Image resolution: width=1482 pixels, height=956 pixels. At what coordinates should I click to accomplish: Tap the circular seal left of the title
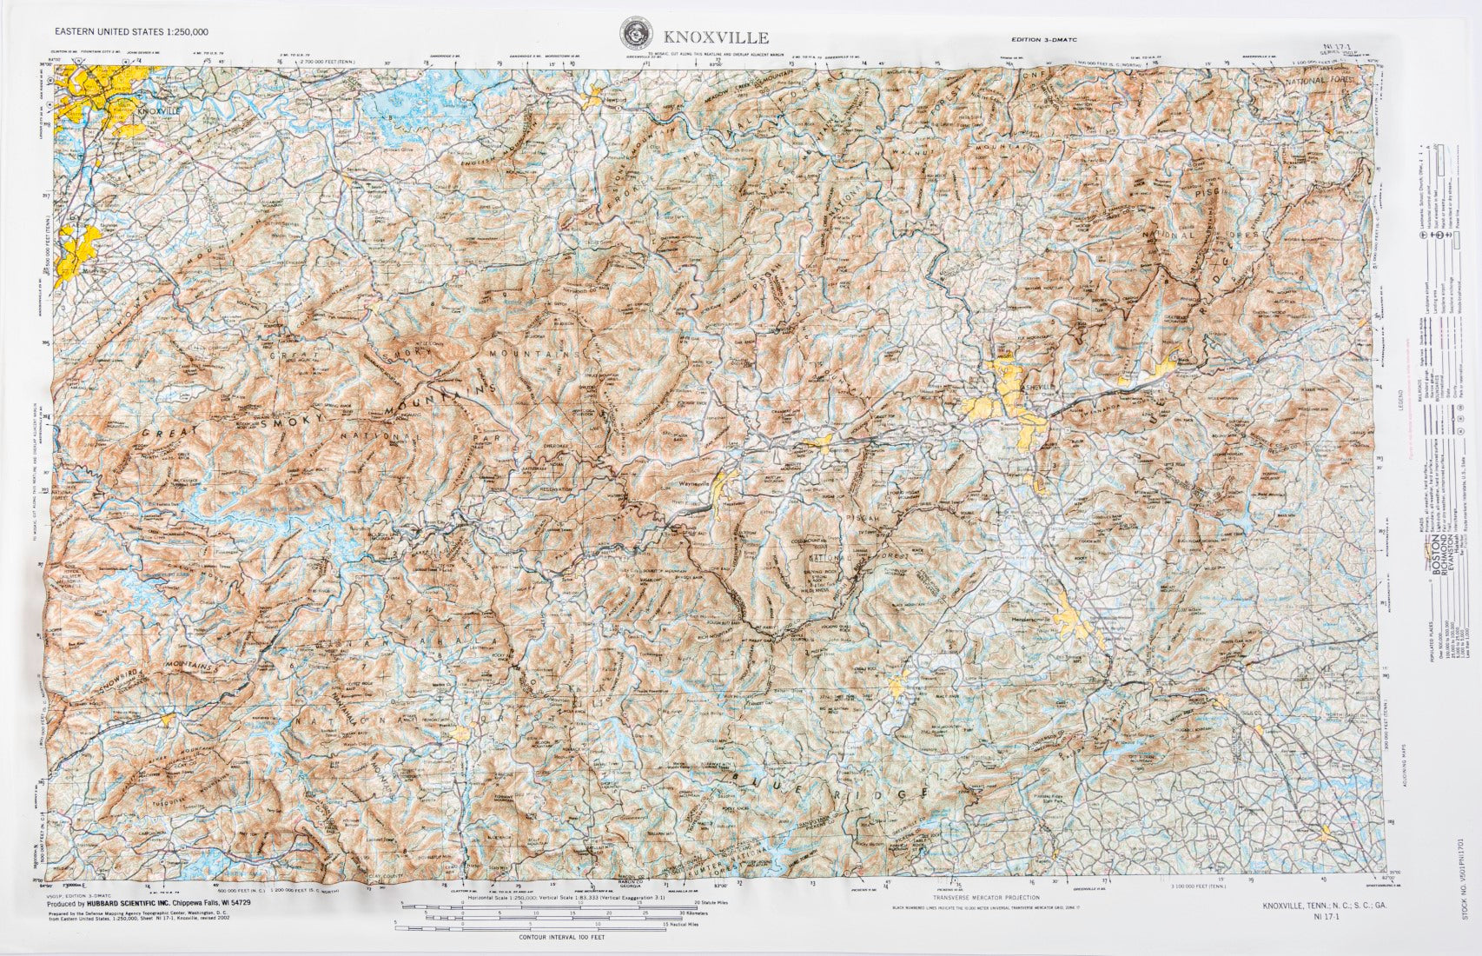point(637,34)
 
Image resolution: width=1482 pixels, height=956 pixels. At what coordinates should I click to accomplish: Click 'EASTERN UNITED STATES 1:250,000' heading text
point(130,31)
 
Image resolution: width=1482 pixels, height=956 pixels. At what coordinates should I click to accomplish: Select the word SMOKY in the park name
point(290,420)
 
